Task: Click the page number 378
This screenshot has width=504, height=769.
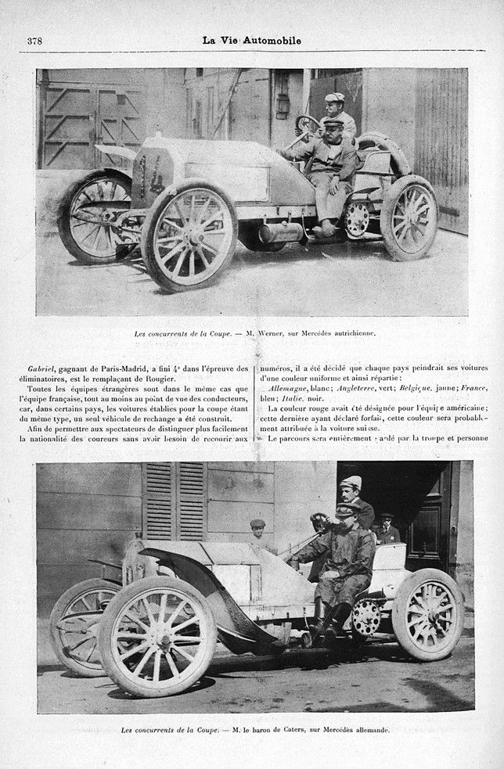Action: tap(34, 41)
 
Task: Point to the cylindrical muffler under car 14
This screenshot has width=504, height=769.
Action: tap(281, 232)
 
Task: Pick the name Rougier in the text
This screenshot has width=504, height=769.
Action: tap(173, 379)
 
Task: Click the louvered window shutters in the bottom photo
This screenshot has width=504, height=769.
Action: tap(174, 501)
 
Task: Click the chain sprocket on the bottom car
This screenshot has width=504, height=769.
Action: tap(365, 616)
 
